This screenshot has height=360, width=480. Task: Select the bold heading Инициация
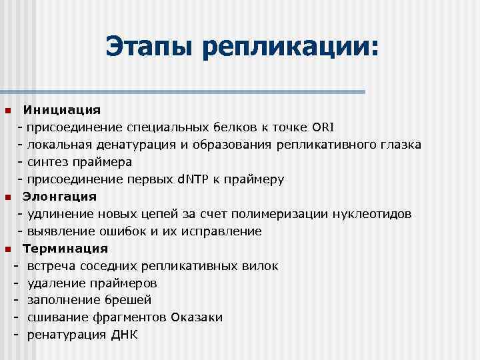pyautogui.click(x=62, y=109)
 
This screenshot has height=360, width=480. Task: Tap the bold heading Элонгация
pyautogui.click(x=60, y=197)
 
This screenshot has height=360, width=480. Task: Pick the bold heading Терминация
pyautogui.click(x=65, y=249)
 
